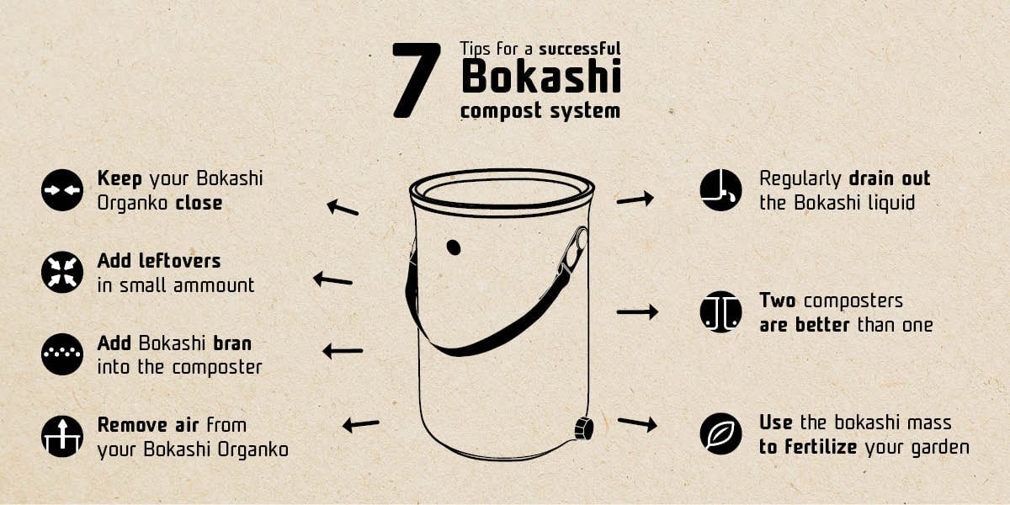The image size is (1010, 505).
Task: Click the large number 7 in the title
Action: click(x=417, y=80)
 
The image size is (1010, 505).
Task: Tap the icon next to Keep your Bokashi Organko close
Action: click(x=61, y=190)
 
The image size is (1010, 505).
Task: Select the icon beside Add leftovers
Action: click(x=61, y=273)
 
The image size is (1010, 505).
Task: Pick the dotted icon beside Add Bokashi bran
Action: click(x=61, y=354)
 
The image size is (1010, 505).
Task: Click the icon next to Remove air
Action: click(x=61, y=437)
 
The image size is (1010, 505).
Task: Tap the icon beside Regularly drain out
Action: click(x=720, y=190)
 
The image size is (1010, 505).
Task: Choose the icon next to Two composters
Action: click(x=720, y=312)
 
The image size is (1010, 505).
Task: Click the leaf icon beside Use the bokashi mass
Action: click(x=720, y=433)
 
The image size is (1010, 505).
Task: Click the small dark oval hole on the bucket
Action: click(x=454, y=247)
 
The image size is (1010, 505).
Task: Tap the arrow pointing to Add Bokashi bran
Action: click(x=343, y=351)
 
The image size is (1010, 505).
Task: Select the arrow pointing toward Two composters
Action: click(x=637, y=312)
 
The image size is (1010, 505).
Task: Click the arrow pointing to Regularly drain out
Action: click(x=635, y=199)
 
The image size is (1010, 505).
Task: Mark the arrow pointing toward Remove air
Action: click(x=360, y=425)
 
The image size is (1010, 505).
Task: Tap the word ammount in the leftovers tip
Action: click(x=214, y=285)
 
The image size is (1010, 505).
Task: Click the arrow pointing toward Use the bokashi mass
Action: click(x=637, y=423)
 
